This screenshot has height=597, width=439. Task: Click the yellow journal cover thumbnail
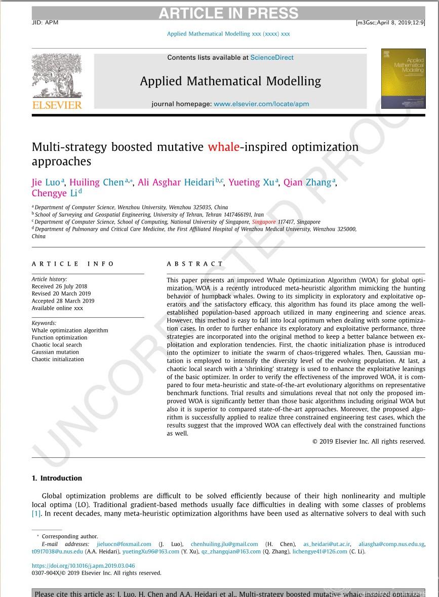pos(403,79)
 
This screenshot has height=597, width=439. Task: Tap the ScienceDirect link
pos(272,58)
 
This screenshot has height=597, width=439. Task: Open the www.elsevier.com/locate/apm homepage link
pos(261,104)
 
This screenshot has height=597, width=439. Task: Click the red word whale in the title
pos(223,147)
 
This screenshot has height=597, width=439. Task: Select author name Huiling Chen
pos(96,182)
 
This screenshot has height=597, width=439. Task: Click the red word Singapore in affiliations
pos(264,222)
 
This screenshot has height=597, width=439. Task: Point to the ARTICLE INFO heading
pos(73,264)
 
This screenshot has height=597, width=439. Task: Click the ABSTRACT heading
pos(195,264)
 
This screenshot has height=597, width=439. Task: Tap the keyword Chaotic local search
pos(57,345)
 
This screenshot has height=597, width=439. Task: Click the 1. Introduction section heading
pos(57,478)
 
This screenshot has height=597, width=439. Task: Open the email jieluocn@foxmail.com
pos(124,544)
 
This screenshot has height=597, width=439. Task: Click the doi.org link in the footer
pos(83,566)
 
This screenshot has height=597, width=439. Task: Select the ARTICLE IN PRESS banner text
pos(228,14)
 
